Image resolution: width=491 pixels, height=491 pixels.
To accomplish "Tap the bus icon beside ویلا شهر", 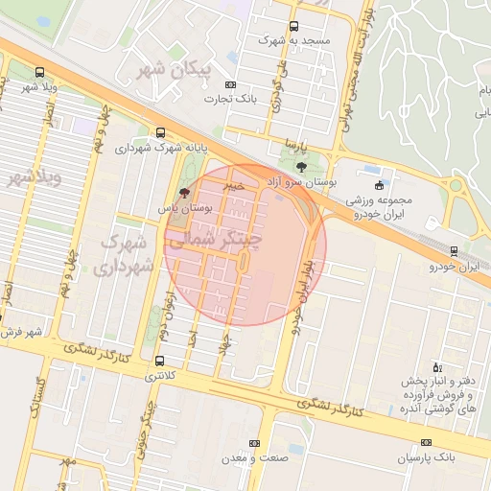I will tap(39, 72).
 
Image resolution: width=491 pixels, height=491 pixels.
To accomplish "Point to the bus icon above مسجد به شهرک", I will tap(293, 26).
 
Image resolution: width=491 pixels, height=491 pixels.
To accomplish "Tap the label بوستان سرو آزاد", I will tap(298, 181).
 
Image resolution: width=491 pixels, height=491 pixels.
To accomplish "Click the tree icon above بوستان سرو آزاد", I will tap(303, 167).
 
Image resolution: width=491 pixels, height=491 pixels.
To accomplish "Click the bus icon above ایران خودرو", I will tap(454, 251).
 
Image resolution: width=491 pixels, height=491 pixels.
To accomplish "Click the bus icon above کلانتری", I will tap(159, 362).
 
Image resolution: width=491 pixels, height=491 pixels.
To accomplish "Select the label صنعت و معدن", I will tap(254, 458).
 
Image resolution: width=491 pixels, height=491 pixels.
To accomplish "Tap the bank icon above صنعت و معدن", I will tap(254, 443).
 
